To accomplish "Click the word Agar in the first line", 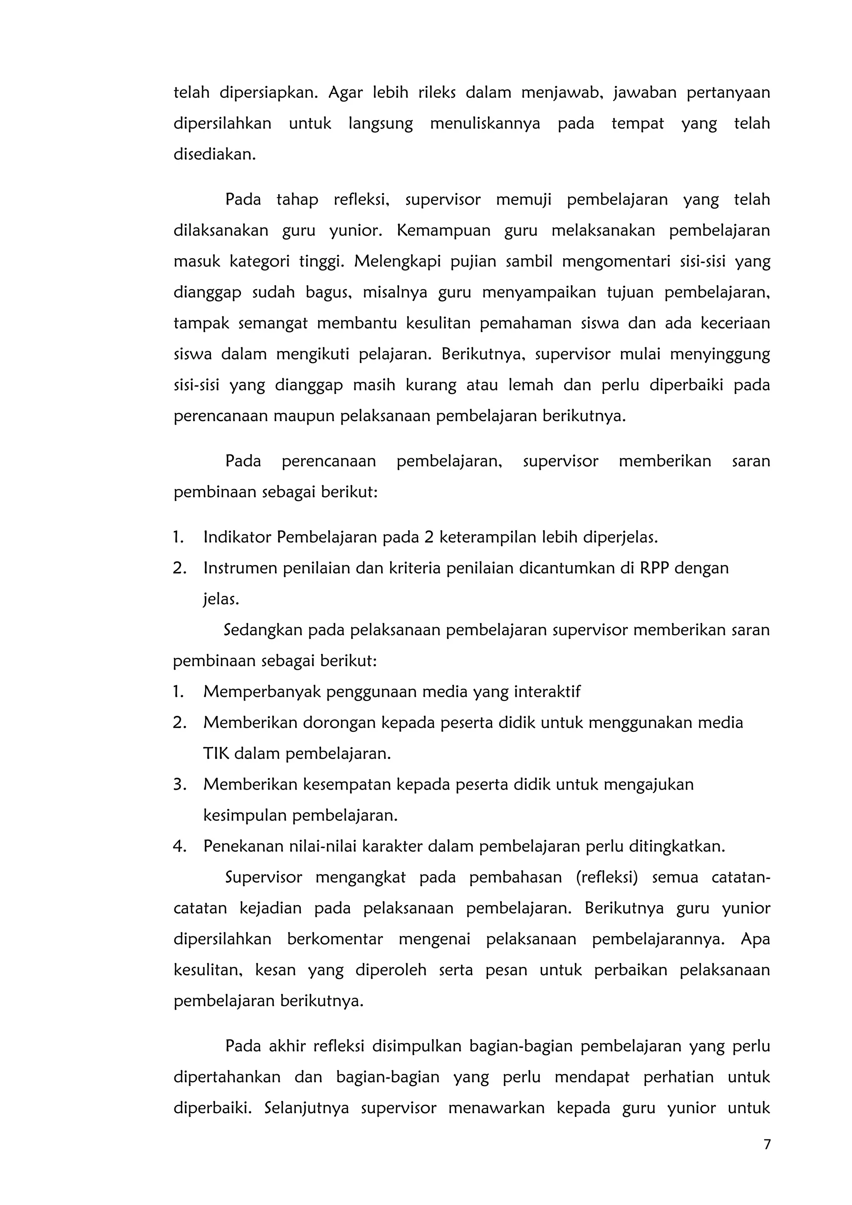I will [x=346, y=93].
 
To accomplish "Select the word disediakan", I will [x=214, y=155].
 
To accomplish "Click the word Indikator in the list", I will [x=237, y=537].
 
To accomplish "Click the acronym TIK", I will [x=216, y=754].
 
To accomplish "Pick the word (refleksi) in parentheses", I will [x=606, y=877].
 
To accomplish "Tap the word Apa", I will [x=755, y=939].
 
